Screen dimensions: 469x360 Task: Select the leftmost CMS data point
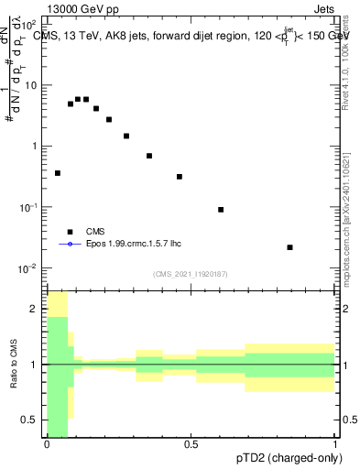58,173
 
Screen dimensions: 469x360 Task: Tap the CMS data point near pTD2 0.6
221,210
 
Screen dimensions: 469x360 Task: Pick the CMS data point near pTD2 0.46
180,177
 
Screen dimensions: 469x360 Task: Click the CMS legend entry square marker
70,232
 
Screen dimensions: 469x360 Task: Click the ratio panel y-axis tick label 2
36,309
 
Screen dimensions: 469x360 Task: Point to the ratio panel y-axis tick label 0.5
32,420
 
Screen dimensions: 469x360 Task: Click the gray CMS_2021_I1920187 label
191,274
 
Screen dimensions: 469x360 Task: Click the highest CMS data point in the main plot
78,99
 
